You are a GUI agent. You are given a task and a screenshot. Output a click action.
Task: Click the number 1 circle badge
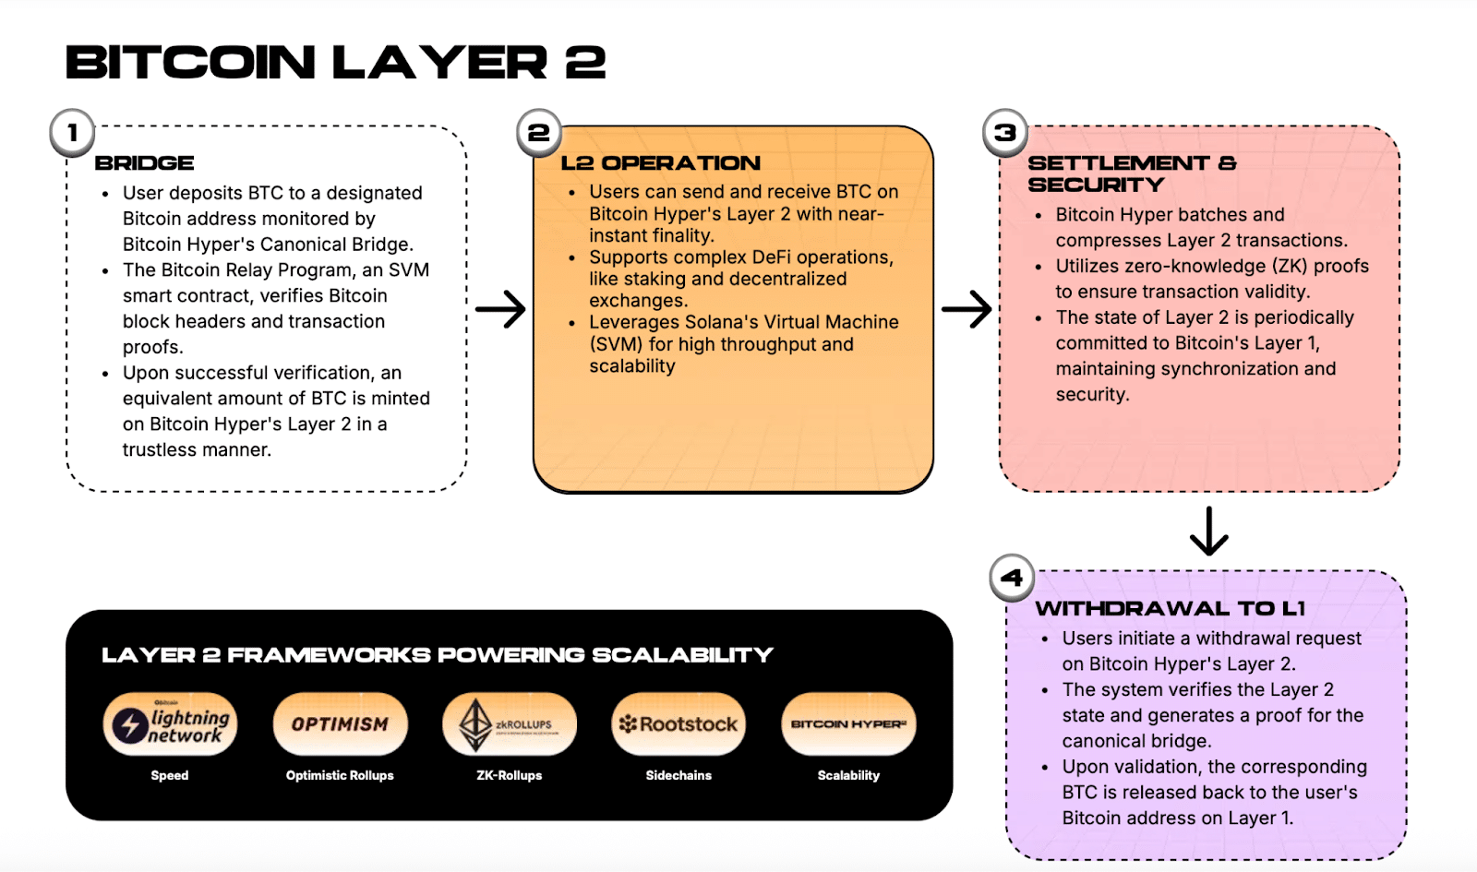click(72, 133)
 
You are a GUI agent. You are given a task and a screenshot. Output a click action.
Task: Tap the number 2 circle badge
click(538, 133)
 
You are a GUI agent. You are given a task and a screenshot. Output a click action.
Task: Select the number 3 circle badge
click(1005, 133)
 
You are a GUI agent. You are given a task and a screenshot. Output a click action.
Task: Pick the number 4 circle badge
click(1012, 578)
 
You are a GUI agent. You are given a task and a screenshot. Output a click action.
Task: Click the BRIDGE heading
click(145, 163)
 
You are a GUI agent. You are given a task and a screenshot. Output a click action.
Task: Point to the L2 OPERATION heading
click(661, 163)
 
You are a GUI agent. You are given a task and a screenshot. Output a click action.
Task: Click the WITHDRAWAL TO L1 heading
click(1170, 609)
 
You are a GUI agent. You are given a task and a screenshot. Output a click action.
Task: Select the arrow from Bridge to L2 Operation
click(500, 309)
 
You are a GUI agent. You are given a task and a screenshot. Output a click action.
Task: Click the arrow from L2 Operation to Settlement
click(967, 309)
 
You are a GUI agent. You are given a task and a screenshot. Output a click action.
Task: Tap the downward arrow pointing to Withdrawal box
click(1208, 531)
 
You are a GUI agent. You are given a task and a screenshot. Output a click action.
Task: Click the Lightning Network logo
click(170, 724)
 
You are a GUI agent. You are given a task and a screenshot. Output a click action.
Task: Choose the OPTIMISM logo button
click(340, 724)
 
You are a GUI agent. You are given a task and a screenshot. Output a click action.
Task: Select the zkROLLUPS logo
click(510, 724)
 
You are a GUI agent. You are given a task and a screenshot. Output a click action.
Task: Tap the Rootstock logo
click(678, 724)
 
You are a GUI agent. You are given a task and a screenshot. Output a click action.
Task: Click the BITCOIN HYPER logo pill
click(848, 724)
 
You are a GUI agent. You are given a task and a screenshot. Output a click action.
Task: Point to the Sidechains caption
click(678, 775)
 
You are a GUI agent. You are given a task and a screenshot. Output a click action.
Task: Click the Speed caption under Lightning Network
click(170, 775)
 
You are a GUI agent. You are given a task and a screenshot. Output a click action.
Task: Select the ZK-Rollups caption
click(510, 775)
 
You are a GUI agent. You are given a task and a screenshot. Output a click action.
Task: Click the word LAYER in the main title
click(439, 63)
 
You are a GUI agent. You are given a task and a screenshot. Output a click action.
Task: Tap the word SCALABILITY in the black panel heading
click(682, 655)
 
